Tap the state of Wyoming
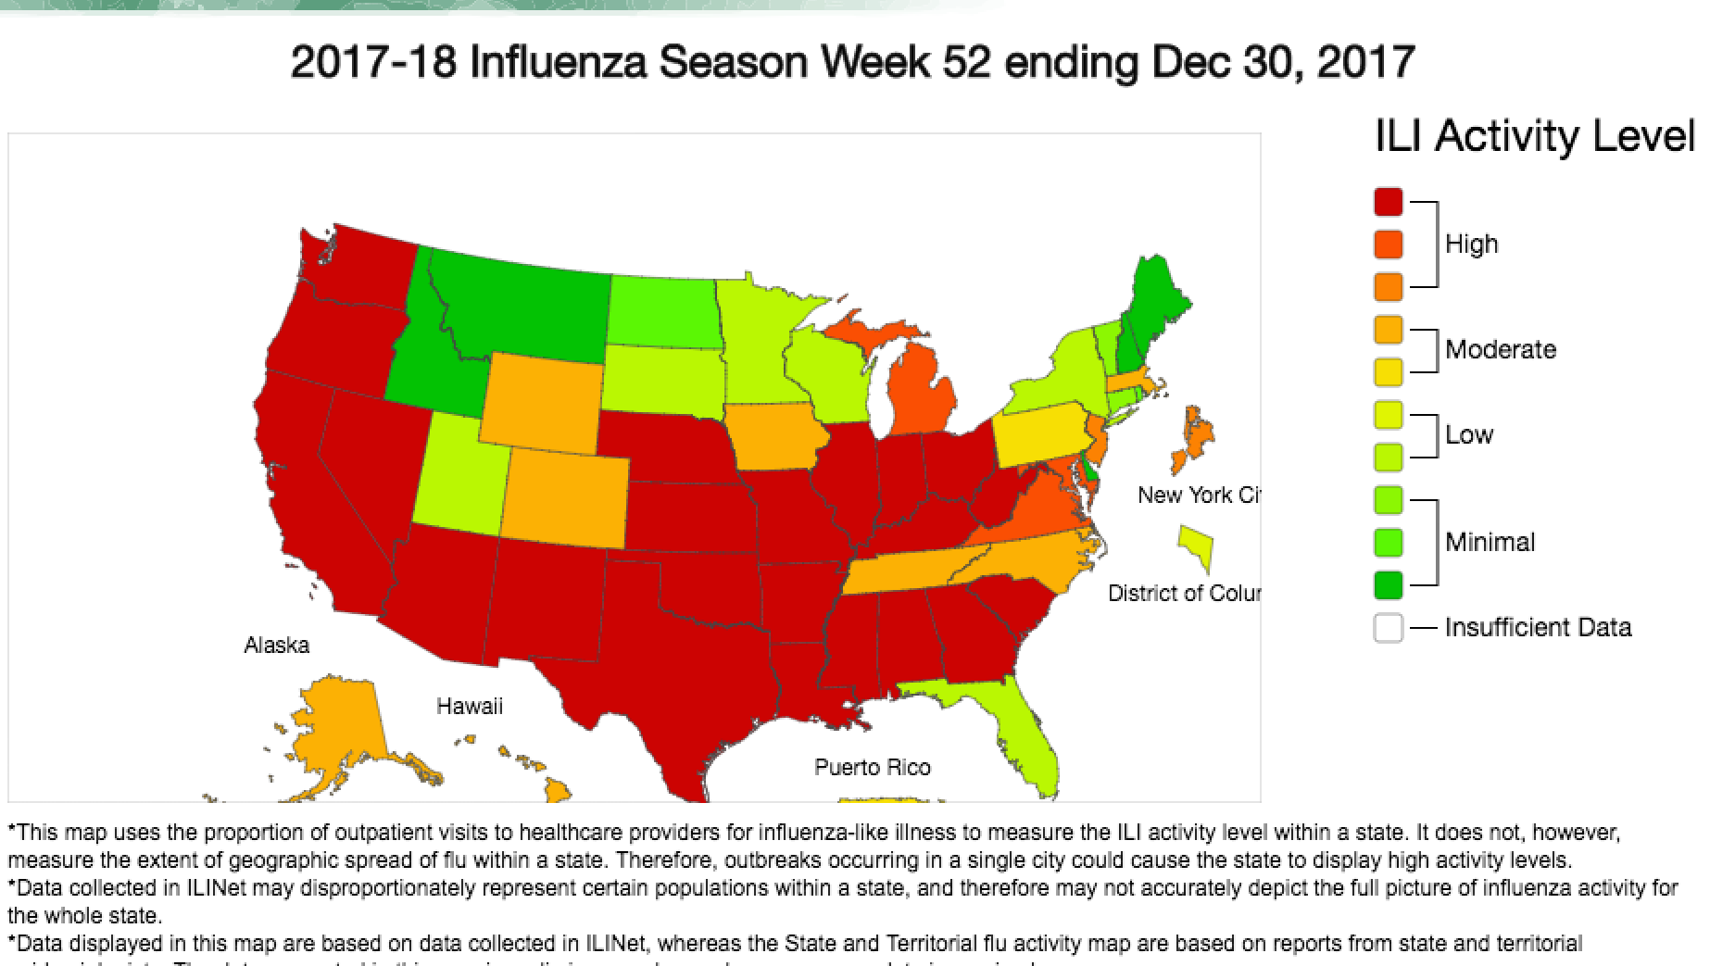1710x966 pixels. tap(542, 403)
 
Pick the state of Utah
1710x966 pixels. tap(459, 477)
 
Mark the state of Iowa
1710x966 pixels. tap(773, 435)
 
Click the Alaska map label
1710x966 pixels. tap(276, 646)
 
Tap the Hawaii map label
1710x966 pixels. tap(470, 707)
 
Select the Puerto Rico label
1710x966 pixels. tap(872, 768)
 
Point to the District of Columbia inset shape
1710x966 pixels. tap(1197, 546)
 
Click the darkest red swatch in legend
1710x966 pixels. tap(1388, 202)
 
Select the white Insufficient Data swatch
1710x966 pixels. tap(1388, 627)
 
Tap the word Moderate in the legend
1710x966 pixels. tap(1500, 350)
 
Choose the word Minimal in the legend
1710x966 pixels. tap(1490, 543)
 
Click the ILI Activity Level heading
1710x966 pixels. tap(1533, 137)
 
